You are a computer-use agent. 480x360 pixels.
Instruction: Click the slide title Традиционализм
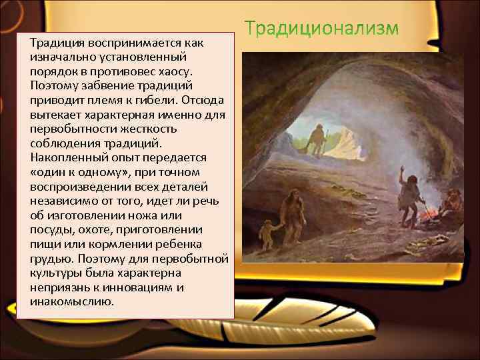[321, 30]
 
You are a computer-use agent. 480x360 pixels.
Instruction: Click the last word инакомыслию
[73, 301]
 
